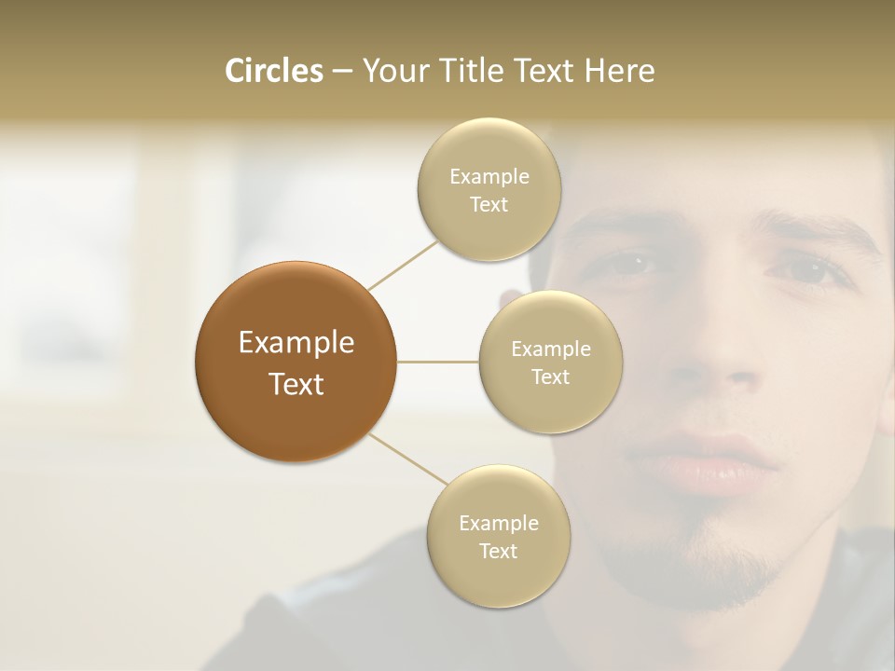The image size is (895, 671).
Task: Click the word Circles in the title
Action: (273, 71)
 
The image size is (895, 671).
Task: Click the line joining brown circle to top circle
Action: (403, 264)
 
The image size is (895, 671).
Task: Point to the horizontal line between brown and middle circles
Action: (438, 362)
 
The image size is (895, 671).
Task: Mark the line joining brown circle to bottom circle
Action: (406, 459)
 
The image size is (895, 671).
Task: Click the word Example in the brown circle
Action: (296, 343)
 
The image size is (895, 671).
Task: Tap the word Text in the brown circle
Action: (296, 384)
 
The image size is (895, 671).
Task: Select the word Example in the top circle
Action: (489, 177)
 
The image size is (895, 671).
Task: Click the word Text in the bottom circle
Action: (498, 551)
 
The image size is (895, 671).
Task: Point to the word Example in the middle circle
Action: (550, 349)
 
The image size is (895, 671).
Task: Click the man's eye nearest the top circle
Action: (631, 264)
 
